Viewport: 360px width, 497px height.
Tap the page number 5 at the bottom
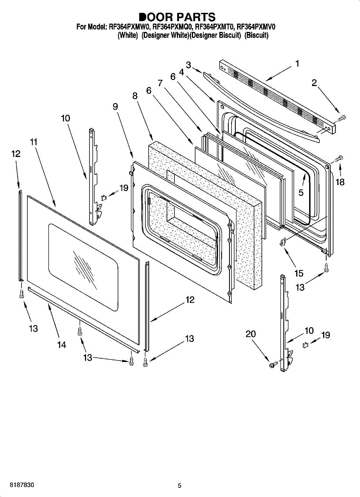click(179, 486)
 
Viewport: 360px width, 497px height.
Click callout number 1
click(297, 64)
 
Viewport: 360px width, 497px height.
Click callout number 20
click(251, 334)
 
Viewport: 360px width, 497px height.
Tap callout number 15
click(299, 273)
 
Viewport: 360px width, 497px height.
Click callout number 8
click(135, 96)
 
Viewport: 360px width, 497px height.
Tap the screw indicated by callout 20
click(273, 365)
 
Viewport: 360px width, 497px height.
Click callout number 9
click(115, 106)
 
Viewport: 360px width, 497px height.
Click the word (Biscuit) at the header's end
click(256, 36)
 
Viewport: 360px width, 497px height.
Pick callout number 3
click(188, 65)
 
